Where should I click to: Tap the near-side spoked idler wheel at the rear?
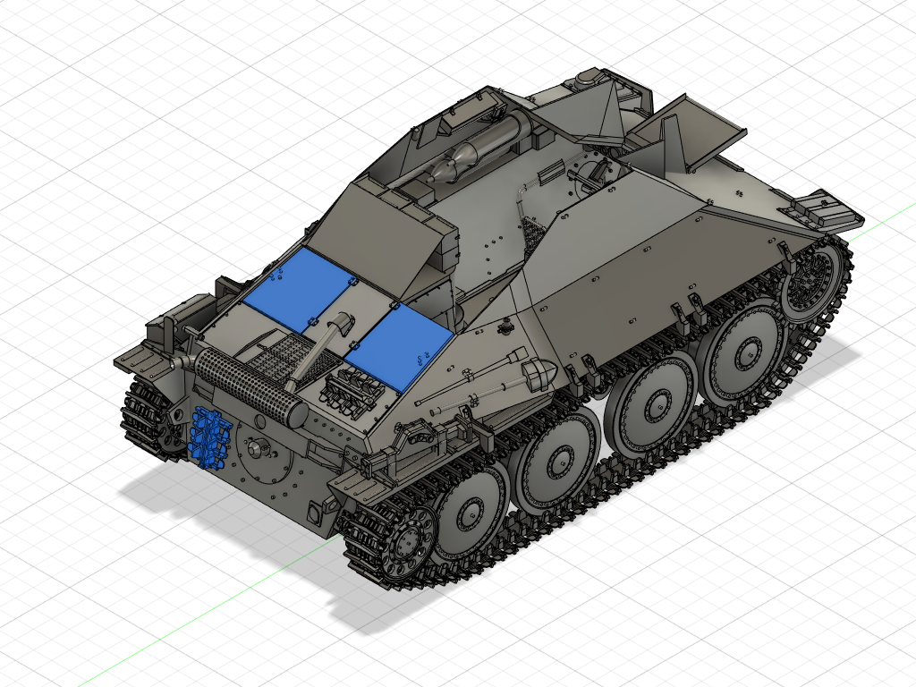click(403, 540)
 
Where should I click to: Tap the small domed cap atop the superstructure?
click(587, 79)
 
